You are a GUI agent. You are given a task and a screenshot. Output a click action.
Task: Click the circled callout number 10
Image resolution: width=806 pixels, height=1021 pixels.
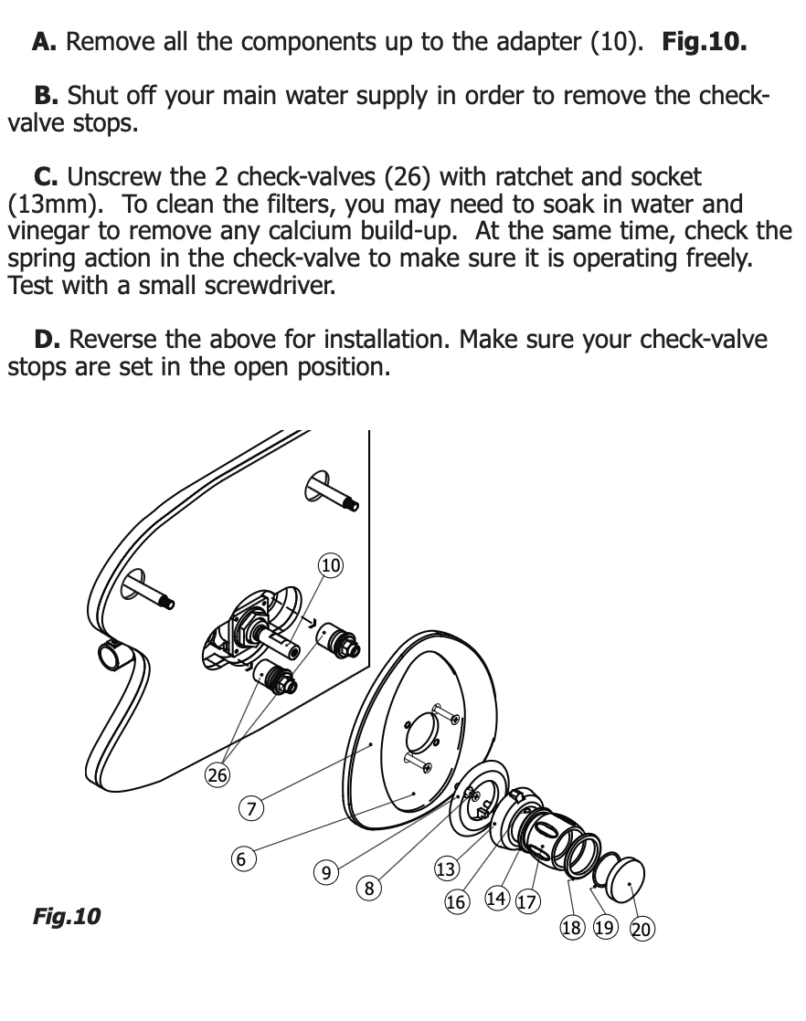pos(330,566)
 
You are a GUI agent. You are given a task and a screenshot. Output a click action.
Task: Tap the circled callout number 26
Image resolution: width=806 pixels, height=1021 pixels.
pos(217,775)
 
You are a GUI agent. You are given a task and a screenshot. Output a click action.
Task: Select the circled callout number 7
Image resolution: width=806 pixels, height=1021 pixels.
pos(250,807)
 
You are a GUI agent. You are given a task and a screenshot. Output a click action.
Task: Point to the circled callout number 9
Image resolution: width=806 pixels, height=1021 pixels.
pos(326,872)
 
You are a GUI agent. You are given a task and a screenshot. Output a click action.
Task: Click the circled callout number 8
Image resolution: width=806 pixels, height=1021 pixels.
pos(369,887)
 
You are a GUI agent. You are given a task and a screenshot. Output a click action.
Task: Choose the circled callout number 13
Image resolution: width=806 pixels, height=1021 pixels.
pos(445,869)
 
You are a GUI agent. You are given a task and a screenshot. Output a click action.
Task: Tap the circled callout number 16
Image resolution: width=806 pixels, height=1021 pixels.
pos(456,902)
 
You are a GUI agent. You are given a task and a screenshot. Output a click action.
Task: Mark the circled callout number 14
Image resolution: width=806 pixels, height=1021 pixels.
pos(496,899)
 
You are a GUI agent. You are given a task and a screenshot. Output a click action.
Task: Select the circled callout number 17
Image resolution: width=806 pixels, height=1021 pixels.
pos(527,902)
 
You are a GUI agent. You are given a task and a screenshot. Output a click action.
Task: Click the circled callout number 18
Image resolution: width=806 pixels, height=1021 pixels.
pos(571,928)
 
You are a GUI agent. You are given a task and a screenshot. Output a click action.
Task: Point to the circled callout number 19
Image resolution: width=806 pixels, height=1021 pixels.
pos(604,928)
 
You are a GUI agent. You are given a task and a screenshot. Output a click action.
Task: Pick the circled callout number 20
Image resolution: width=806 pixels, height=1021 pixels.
pos(642,930)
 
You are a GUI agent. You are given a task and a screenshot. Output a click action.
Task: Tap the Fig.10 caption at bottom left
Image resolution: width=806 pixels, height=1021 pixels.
pos(66,915)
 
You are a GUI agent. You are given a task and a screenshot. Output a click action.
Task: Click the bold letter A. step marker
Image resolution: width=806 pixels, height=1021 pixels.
pos(46,42)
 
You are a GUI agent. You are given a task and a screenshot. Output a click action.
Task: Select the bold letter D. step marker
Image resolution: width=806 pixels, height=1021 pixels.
pos(48,341)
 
